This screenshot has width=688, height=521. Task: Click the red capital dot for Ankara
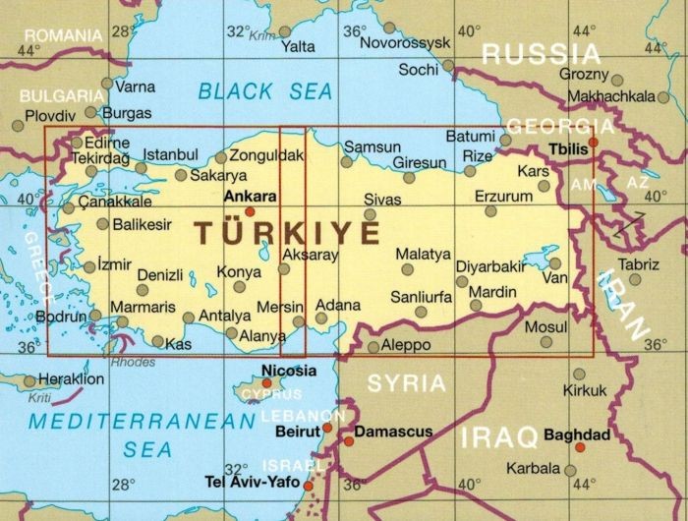click(250, 210)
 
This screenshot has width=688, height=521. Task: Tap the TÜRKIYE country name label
click(286, 233)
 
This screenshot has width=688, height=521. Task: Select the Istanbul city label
click(170, 154)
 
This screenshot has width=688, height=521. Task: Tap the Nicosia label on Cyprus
click(289, 371)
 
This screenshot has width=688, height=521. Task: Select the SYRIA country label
click(406, 383)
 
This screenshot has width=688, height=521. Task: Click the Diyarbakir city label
click(490, 266)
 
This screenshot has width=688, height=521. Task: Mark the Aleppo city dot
click(373, 347)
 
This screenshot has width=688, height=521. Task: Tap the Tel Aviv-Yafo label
click(252, 483)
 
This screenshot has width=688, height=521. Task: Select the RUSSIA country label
click(540, 54)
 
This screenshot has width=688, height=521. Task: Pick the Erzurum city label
click(502, 197)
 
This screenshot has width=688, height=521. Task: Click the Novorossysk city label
click(405, 43)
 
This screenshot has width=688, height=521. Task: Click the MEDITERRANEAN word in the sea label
click(140, 422)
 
